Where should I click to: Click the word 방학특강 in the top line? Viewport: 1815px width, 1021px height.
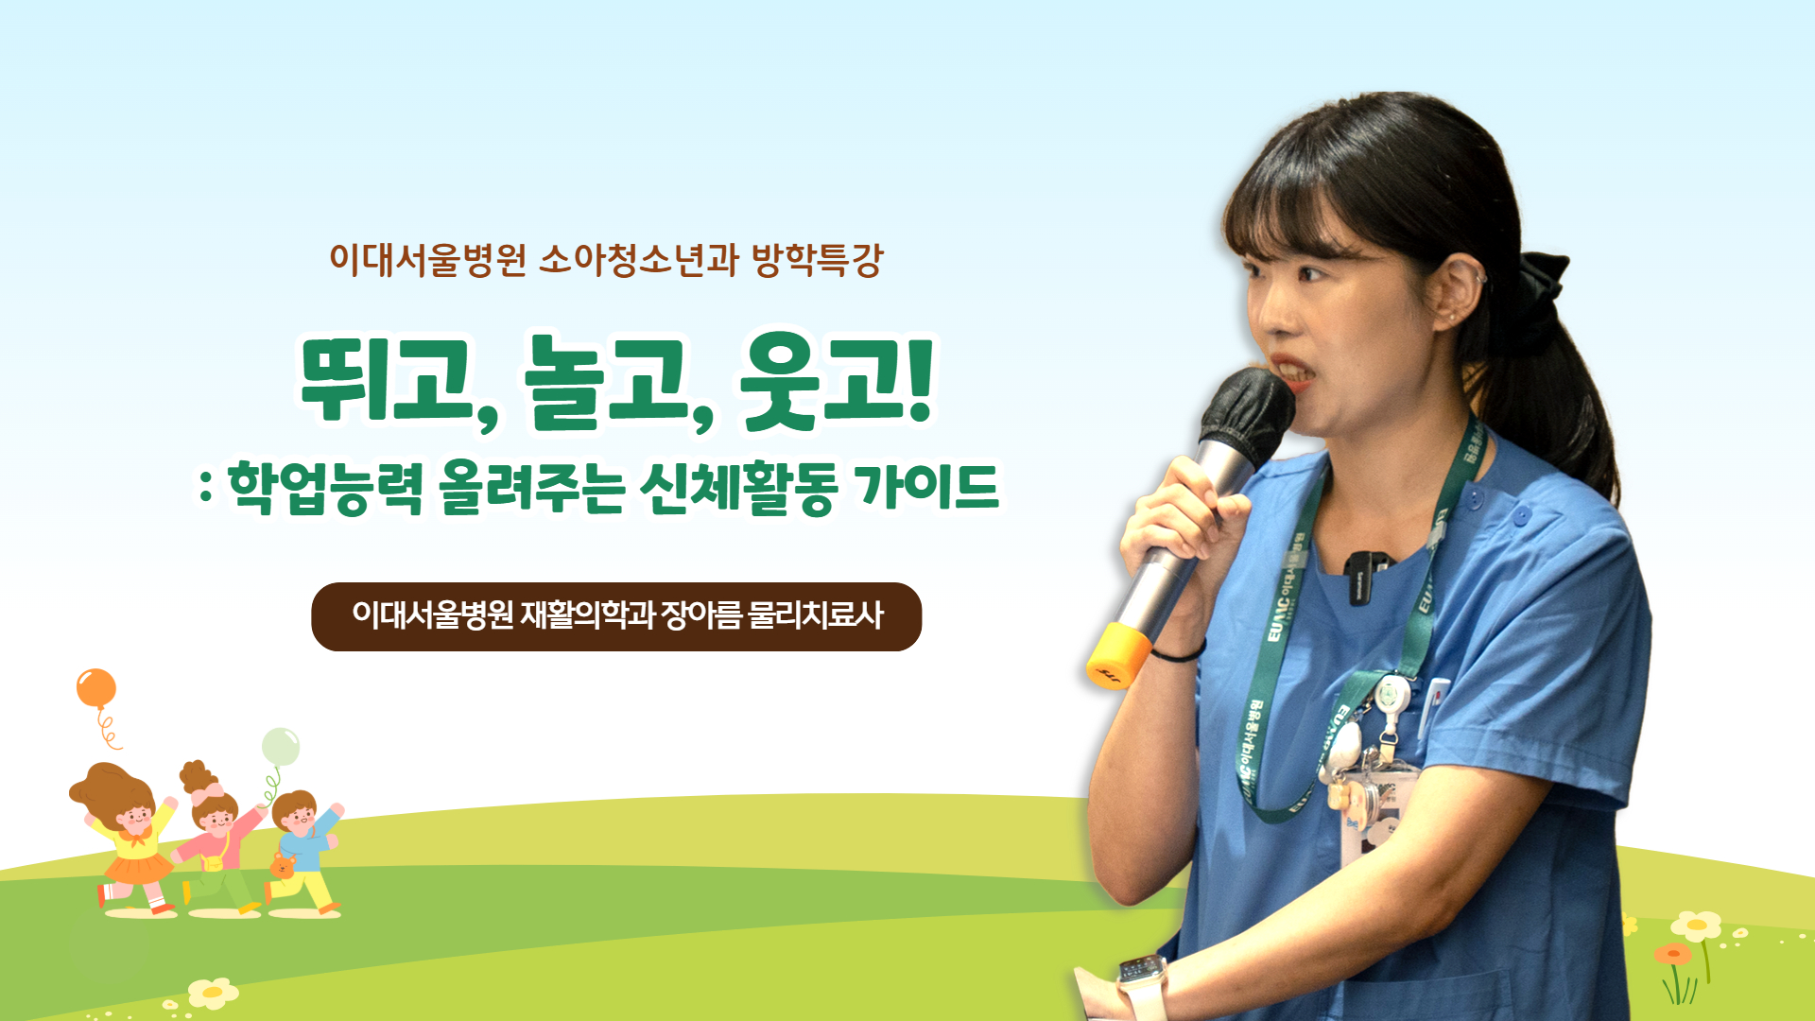[817, 260]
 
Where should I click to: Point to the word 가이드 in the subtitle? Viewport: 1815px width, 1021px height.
[926, 487]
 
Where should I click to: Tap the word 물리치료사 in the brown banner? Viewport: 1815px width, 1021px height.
[815, 615]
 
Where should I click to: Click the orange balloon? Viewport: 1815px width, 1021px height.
[96, 687]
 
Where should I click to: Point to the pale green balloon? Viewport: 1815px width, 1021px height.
[280, 746]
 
